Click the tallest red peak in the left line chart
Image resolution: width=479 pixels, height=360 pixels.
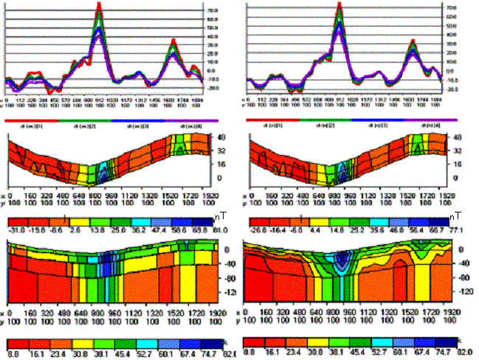click(x=99, y=4)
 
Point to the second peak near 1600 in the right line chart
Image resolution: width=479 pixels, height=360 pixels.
click(x=413, y=41)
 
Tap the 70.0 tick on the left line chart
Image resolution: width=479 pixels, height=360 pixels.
click(x=211, y=11)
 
